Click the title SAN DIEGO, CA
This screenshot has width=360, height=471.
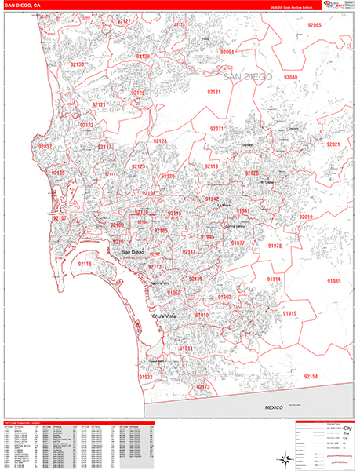24,5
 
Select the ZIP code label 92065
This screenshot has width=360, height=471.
315,26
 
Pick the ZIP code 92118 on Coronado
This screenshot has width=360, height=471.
85,265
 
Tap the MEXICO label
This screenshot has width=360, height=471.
272,408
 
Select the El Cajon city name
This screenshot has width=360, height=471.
267,182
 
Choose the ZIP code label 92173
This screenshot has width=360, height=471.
204,387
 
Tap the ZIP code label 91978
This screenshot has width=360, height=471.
275,246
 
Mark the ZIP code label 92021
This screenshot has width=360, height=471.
334,145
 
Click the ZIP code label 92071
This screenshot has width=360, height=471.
217,129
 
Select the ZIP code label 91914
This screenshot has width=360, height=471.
273,279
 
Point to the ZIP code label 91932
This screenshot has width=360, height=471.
146,378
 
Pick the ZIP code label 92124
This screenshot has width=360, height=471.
160,141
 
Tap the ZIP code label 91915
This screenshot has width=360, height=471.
289,313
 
